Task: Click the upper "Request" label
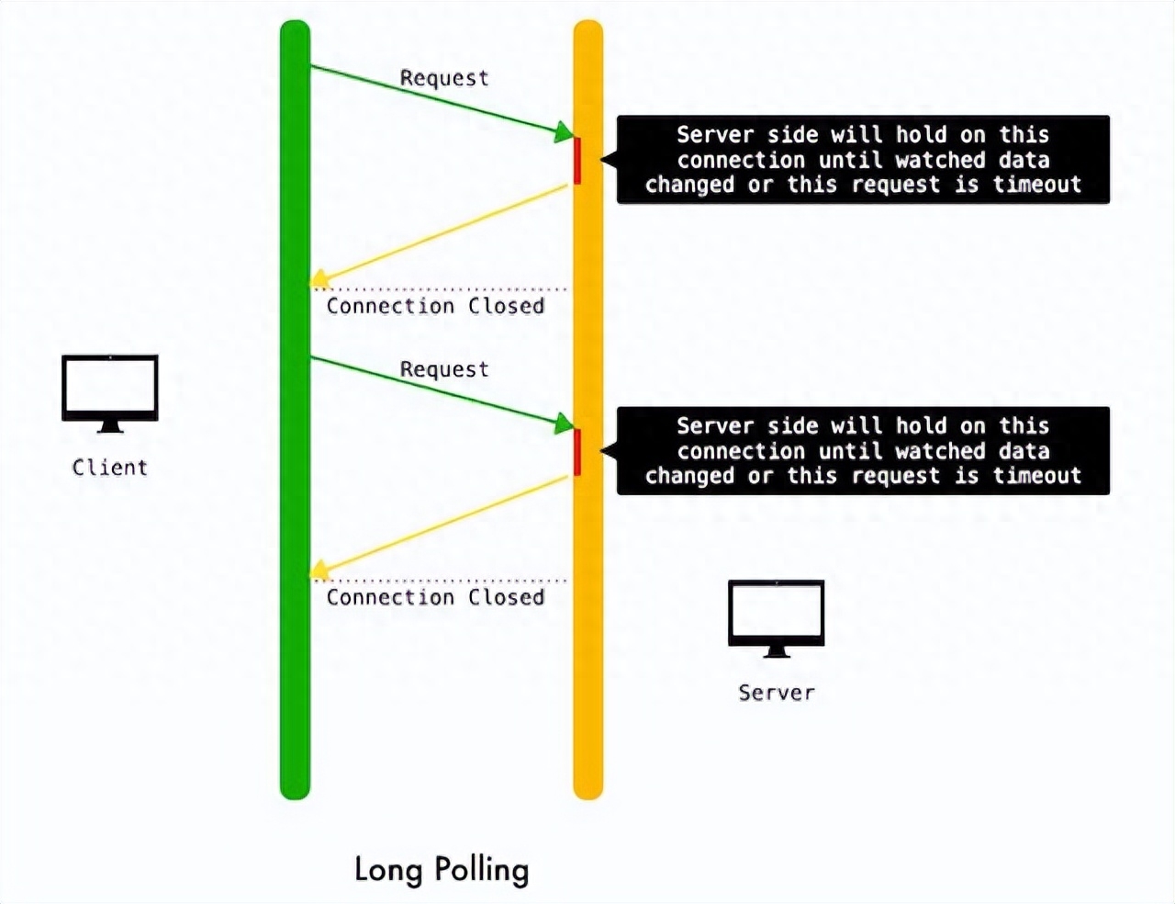(444, 78)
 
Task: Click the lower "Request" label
(444, 369)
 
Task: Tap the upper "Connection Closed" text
(435, 306)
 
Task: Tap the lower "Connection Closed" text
(435, 597)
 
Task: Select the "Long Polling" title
(442, 870)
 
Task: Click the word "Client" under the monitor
(110, 468)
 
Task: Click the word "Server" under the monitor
(777, 693)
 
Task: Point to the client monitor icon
(110, 394)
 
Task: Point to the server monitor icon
(777, 619)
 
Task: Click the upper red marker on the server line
(577, 161)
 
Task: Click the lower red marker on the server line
(577, 452)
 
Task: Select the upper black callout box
(863, 160)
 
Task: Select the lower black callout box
(863, 451)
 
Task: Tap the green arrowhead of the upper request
(563, 132)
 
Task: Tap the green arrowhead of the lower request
(563, 424)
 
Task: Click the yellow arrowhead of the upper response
(319, 278)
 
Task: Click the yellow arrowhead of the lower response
(319, 570)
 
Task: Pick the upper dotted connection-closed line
(440, 289)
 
